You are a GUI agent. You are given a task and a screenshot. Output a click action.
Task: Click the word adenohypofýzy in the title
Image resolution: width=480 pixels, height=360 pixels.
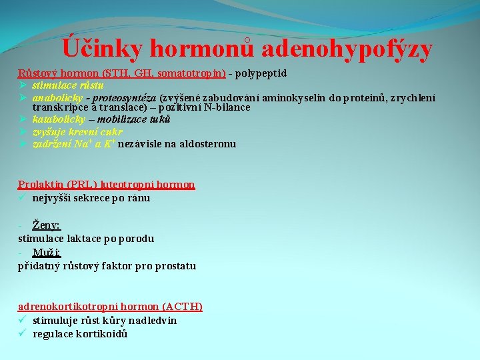(347, 49)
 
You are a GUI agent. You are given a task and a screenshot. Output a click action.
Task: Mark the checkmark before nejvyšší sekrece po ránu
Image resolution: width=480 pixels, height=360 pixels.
(23, 197)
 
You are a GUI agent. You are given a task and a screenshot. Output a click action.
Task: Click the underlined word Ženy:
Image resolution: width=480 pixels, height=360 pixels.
(47, 225)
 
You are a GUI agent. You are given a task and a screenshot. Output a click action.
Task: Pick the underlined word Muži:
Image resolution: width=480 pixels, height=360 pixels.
(47, 253)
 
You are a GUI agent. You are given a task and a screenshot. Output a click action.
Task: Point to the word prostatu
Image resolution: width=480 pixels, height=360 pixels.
(175, 266)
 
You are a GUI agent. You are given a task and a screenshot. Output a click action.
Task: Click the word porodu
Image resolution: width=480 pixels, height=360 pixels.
(137, 238)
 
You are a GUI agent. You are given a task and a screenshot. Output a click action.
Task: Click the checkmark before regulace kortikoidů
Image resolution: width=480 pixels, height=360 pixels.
(23, 333)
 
